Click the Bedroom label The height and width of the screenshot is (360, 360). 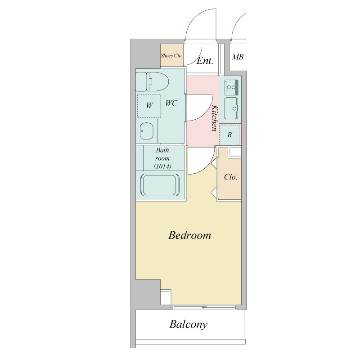point(189,235)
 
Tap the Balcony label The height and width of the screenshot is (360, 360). point(188,324)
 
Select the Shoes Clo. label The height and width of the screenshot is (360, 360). point(171,55)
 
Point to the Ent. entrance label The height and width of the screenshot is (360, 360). point(205,61)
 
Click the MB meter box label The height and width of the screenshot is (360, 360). point(238,57)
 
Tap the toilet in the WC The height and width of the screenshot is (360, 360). point(152,81)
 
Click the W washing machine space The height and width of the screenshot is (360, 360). point(149,106)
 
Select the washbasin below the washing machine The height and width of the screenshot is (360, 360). point(147,131)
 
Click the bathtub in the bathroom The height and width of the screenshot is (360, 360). point(160,185)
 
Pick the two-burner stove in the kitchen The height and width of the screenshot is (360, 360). point(231,87)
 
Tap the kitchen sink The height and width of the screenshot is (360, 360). point(231,108)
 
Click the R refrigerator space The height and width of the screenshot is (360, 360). point(229,135)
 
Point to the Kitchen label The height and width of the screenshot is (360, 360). point(214,118)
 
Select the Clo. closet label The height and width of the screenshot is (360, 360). point(230,177)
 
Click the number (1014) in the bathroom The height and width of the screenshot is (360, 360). point(162,166)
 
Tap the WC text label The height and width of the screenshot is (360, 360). point(171,103)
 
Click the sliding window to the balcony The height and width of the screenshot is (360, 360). point(205,307)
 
